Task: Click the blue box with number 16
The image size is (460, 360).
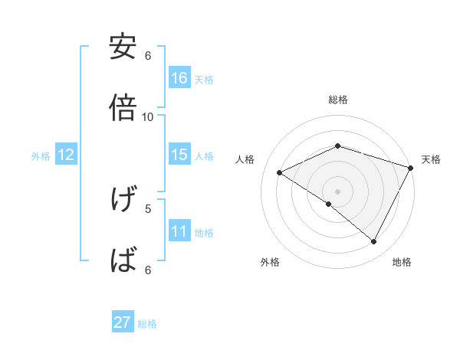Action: (179, 78)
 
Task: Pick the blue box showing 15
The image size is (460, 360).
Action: (179, 155)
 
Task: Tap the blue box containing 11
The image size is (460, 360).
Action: (179, 231)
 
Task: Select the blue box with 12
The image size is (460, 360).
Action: (66, 155)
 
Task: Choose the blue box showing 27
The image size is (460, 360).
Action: (123, 322)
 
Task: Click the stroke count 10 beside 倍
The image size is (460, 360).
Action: (148, 116)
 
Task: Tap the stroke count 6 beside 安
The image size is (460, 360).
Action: (148, 56)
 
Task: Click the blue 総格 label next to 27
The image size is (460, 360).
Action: (148, 324)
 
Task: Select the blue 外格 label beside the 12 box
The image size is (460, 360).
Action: (41, 155)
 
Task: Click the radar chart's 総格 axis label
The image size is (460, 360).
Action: (338, 100)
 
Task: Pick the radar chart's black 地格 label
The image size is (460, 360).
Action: (402, 262)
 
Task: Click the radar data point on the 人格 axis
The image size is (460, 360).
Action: (280, 173)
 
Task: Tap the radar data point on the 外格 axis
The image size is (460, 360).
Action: (329, 204)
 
